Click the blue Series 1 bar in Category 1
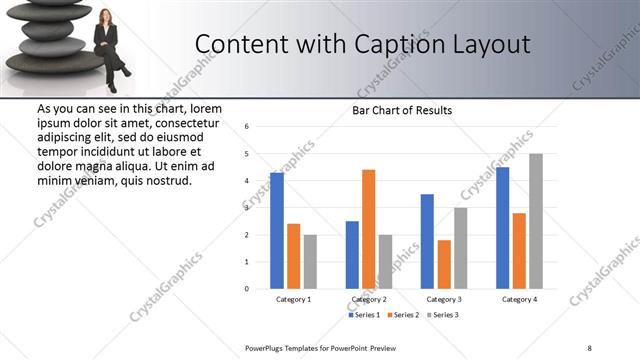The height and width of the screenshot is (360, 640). click(277, 231)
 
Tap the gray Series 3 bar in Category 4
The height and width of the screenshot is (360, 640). click(536, 221)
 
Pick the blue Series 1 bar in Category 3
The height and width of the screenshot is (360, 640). click(427, 241)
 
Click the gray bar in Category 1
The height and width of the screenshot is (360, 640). click(310, 261)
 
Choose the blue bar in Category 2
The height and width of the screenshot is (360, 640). click(352, 255)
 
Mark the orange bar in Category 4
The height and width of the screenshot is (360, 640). click(519, 250)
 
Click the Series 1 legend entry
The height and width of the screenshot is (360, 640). click(367, 315)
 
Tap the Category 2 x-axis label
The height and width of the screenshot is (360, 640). click(369, 299)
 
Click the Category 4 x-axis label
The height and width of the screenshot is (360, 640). click(519, 299)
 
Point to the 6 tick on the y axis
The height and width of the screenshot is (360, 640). click(247, 127)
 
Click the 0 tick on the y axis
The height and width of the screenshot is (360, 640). click(247, 289)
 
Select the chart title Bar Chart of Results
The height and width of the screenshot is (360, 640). click(402, 110)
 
